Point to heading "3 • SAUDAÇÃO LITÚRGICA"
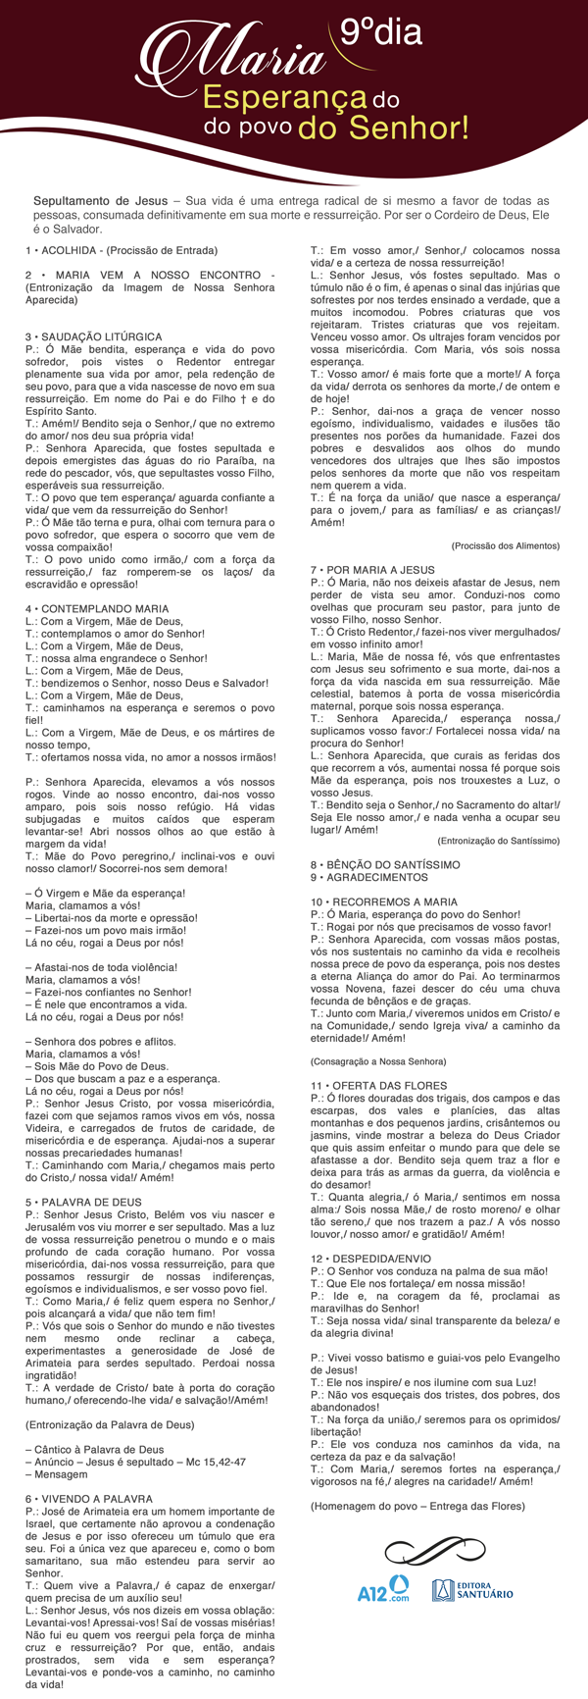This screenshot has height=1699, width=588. (x=94, y=336)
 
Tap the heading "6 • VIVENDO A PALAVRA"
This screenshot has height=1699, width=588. (x=89, y=1499)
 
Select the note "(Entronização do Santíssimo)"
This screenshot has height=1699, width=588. (x=499, y=841)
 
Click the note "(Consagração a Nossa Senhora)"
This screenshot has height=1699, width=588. (x=378, y=1061)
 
